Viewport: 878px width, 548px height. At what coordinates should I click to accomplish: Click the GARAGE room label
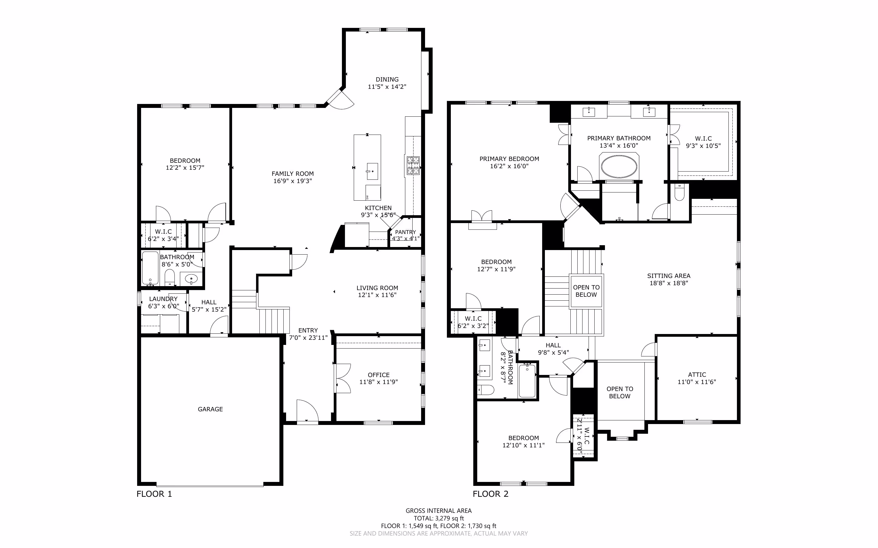click(x=210, y=409)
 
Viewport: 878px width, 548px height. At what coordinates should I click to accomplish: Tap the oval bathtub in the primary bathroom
click(x=619, y=167)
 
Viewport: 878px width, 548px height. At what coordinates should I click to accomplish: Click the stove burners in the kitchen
click(x=413, y=165)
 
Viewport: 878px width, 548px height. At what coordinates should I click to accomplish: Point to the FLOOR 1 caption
click(x=154, y=494)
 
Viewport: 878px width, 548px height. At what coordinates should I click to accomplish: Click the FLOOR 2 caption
click(x=490, y=494)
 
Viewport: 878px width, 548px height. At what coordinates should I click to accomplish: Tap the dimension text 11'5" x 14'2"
click(x=387, y=87)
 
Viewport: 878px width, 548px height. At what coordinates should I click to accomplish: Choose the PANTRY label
click(x=405, y=232)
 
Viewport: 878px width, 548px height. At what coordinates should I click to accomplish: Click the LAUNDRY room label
click(x=163, y=299)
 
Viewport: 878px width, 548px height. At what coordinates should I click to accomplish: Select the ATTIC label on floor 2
click(x=697, y=374)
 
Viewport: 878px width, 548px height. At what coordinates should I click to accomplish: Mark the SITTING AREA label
click(x=669, y=276)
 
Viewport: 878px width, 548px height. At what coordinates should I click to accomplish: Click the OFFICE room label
click(x=379, y=375)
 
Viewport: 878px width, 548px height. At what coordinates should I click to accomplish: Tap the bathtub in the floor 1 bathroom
click(x=150, y=268)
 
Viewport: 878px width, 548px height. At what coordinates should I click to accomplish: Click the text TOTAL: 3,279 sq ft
click(x=439, y=518)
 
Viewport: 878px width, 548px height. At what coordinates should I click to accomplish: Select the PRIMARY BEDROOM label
click(x=509, y=159)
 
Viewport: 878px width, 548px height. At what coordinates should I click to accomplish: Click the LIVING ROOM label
click(x=377, y=288)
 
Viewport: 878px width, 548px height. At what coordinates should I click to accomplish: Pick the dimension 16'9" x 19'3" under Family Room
click(x=293, y=181)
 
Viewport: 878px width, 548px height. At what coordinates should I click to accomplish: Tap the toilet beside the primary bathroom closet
click(x=679, y=192)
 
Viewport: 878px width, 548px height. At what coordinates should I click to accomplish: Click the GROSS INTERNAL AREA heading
click(x=439, y=511)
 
